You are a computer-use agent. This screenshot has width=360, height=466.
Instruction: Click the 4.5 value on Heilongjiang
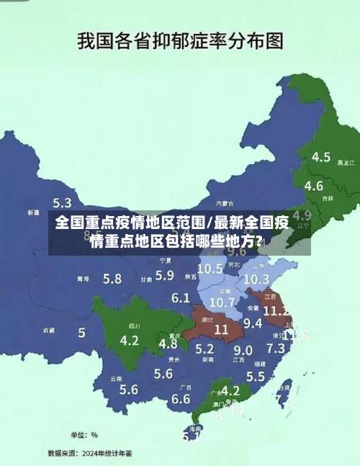[x=320, y=156]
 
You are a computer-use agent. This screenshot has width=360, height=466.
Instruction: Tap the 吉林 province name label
[x=328, y=198]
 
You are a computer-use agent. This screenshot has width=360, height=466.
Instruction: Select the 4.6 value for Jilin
[x=313, y=186]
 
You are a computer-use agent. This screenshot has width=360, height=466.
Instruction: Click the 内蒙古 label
[x=225, y=203]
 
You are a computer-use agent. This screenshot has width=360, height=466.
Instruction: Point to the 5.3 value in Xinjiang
[x=62, y=203]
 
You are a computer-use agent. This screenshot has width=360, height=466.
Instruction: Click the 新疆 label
[x=33, y=213]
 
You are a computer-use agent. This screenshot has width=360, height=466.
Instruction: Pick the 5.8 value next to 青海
[x=112, y=278]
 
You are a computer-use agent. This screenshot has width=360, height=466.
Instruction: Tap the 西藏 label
[x=48, y=331]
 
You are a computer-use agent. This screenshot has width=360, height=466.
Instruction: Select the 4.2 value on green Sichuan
[x=130, y=340]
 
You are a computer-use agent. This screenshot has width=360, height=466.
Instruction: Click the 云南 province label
[x=116, y=378]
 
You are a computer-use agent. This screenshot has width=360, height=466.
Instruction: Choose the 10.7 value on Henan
[x=222, y=302]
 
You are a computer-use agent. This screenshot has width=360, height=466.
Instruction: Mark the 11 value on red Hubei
[x=221, y=329]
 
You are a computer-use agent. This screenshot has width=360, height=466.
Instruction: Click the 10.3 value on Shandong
[x=256, y=279]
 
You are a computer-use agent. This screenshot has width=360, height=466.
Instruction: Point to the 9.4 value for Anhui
[x=253, y=323]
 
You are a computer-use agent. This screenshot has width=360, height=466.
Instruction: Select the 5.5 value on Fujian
[x=256, y=376]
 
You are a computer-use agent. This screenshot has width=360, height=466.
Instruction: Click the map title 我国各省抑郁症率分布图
[x=179, y=40]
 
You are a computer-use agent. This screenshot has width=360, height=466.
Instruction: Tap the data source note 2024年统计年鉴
[x=90, y=453]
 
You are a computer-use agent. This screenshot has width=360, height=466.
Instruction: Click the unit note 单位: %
[x=84, y=434]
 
